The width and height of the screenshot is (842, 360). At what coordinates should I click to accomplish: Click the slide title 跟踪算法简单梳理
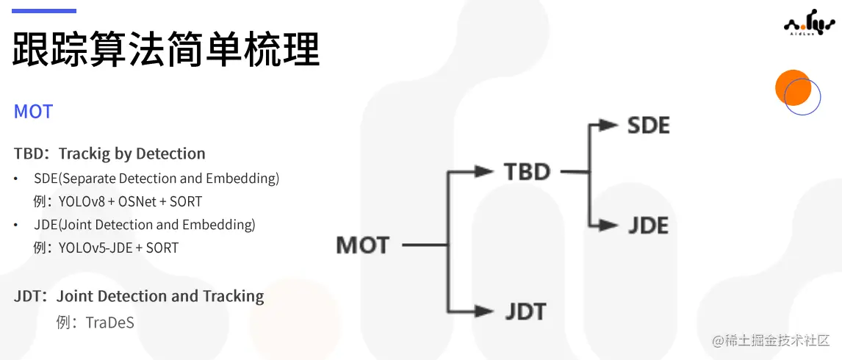[167, 49]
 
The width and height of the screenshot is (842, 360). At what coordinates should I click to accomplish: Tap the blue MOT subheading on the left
[34, 112]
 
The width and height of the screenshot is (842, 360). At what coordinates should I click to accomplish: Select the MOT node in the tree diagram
[362, 245]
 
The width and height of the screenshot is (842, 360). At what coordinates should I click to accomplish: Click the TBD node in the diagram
[527, 172]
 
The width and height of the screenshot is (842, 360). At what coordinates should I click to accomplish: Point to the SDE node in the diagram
[648, 125]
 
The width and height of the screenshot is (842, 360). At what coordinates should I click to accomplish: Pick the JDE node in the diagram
[648, 225]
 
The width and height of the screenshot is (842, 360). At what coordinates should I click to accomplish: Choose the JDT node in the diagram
[525, 311]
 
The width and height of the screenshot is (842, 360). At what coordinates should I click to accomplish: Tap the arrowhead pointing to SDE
[608, 125]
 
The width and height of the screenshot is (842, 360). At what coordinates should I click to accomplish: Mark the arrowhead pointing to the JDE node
[608, 225]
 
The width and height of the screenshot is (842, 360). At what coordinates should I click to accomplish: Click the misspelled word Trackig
[84, 154]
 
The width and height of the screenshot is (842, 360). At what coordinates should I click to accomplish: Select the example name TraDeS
[109, 322]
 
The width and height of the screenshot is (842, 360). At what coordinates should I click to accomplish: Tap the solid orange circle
[792, 87]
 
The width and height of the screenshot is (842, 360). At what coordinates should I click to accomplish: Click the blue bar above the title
[44, 11]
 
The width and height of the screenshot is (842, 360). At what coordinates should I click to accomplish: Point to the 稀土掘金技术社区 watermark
[766, 340]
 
